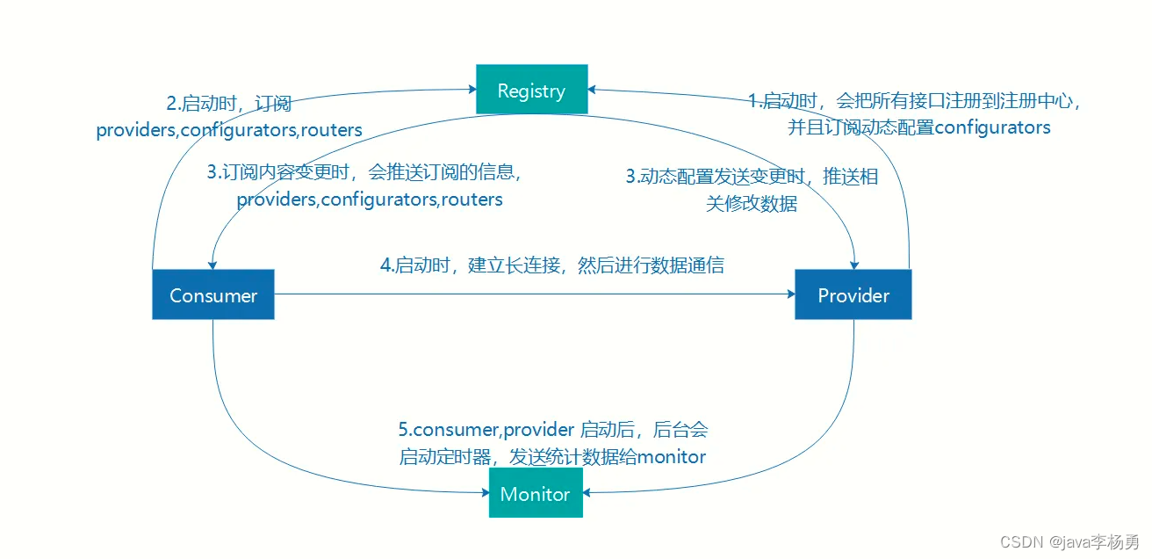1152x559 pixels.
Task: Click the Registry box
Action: click(x=532, y=89)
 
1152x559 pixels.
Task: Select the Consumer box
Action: click(x=212, y=294)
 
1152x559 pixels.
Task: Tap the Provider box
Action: click(x=853, y=294)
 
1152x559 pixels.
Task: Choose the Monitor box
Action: click(x=536, y=492)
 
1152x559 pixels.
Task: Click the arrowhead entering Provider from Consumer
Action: click(x=791, y=294)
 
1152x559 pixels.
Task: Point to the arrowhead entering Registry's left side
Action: click(x=472, y=89)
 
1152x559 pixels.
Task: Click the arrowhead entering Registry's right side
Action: click(x=592, y=90)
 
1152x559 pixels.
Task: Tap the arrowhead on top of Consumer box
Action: click(x=212, y=265)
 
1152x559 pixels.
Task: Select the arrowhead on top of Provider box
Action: click(x=854, y=265)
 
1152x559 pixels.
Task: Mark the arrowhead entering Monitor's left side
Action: click(x=485, y=492)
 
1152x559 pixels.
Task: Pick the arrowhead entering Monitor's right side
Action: click(x=587, y=492)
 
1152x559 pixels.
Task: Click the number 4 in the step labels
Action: click(x=385, y=265)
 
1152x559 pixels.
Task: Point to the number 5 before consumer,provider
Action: click(x=404, y=430)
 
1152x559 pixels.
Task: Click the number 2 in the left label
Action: click(x=172, y=104)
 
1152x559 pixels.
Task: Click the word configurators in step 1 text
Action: click(x=992, y=128)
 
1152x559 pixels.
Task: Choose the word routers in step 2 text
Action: click(x=331, y=130)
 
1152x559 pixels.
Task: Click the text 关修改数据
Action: click(x=752, y=204)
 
